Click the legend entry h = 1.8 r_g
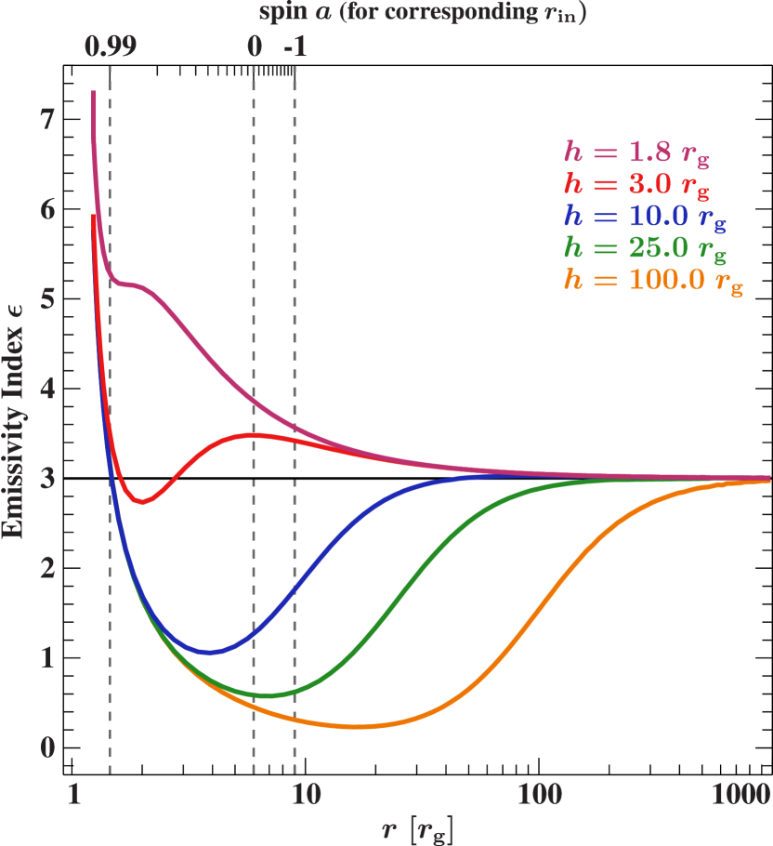point(636,154)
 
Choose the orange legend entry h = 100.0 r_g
point(653,279)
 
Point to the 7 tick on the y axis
point(46,119)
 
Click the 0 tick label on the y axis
point(46,747)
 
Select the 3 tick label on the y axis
point(46,478)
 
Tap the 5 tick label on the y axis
point(46,298)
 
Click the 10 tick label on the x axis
point(306,796)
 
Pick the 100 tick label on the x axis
point(540,796)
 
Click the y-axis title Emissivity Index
point(13,424)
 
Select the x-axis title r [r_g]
point(417,826)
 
